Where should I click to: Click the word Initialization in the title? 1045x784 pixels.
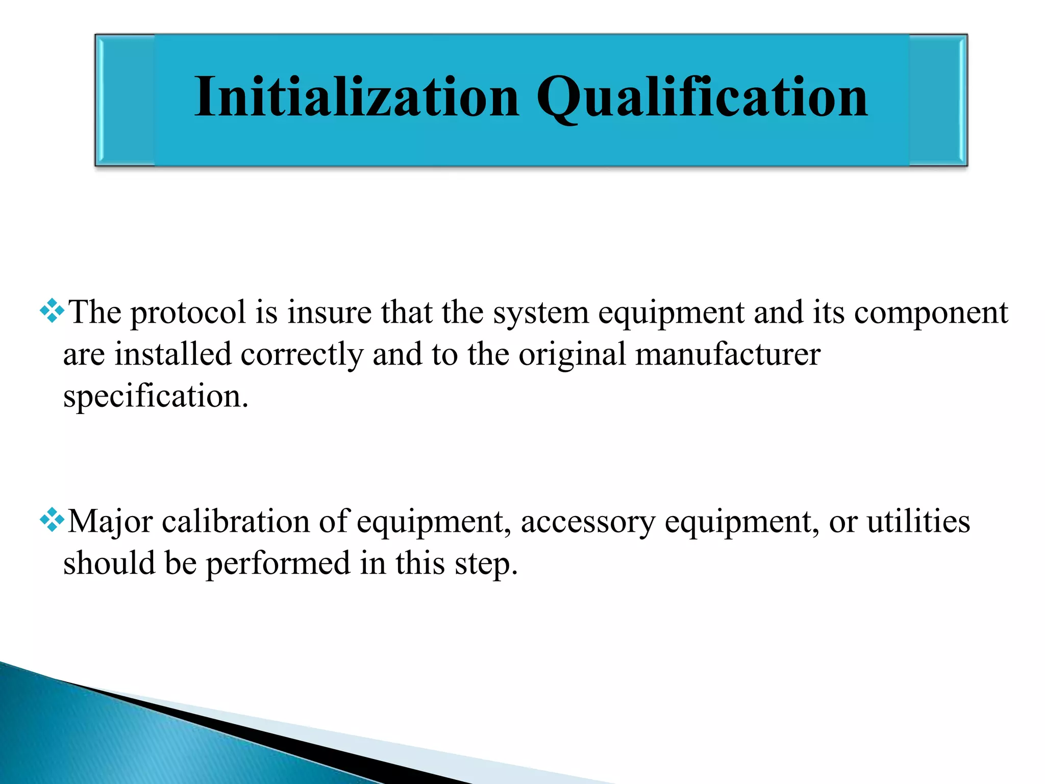click(357, 97)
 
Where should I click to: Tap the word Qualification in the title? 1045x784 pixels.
click(702, 97)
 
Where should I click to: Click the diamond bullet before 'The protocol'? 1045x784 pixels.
click(52, 311)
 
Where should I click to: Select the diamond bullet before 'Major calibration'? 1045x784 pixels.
click(52, 520)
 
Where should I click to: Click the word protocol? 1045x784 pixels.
click(188, 312)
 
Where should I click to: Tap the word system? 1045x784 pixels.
click(541, 312)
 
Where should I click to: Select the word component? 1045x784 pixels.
click(931, 312)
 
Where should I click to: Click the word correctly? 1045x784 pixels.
click(302, 354)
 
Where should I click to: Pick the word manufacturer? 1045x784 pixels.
click(728, 354)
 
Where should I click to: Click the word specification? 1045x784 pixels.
click(155, 396)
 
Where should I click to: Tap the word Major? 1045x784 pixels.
click(110, 522)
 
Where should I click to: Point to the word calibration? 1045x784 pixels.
click(236, 522)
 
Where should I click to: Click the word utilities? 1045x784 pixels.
click(918, 522)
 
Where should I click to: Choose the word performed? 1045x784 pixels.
click(278, 563)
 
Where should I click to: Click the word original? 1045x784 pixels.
click(572, 354)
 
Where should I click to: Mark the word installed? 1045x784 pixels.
click(173, 354)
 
